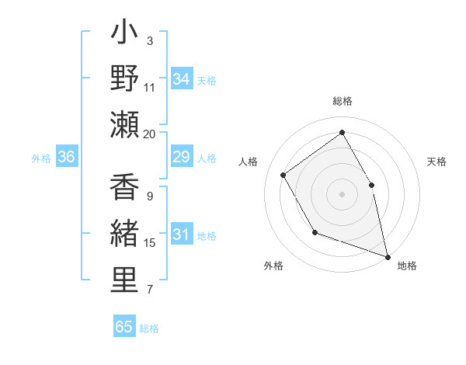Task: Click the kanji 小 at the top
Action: (124, 34)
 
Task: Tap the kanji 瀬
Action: (124, 123)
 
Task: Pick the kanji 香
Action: (124, 188)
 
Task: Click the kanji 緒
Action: (124, 233)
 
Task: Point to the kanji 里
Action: (124, 279)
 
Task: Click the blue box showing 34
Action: (182, 78)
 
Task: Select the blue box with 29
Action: (182, 158)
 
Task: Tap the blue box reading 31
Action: (182, 235)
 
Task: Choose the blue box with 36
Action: (67, 158)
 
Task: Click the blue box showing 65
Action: (124, 327)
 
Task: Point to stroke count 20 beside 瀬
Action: (149, 134)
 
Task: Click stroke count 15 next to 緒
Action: (150, 243)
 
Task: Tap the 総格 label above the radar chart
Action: (342, 101)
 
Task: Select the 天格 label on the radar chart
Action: (436, 162)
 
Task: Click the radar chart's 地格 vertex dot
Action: (388, 256)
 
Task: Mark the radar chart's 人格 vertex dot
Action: (283, 175)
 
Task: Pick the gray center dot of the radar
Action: (342, 193)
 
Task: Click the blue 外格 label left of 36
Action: (41, 158)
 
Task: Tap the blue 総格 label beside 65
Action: (149, 328)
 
